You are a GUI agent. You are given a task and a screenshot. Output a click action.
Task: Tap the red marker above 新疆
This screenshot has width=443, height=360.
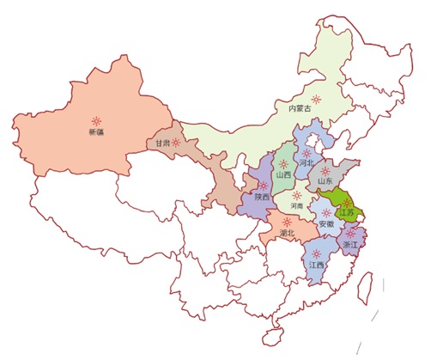coord(98,120)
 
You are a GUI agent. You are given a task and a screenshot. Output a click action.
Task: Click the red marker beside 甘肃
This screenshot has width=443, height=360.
coord(176,143)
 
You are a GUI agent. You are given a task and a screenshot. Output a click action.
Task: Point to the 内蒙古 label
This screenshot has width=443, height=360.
coord(298,109)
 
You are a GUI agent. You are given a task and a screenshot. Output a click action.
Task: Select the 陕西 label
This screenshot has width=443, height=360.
coord(262,197)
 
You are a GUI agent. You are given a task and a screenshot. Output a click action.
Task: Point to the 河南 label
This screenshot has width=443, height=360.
coord(296,206)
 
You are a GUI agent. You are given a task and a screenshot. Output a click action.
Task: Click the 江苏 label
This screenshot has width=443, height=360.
coord(345,212)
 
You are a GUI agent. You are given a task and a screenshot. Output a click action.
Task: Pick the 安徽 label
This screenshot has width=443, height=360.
coord(327,223)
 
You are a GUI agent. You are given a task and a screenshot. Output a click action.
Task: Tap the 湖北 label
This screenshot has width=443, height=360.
coord(286,233)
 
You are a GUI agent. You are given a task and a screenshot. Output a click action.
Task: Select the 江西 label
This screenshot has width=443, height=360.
coord(317,265)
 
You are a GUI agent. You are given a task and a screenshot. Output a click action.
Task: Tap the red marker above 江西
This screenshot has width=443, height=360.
coord(318,253)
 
